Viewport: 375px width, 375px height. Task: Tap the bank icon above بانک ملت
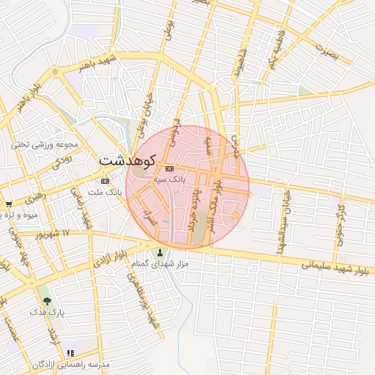pos(105,181)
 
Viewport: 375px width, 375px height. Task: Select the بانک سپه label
pos(170,179)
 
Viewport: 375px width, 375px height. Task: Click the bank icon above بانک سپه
pos(170,168)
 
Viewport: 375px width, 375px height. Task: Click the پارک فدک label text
pos(48,312)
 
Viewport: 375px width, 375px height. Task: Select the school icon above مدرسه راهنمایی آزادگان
pos(70,354)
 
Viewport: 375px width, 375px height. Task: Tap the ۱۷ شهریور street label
pos(56,233)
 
